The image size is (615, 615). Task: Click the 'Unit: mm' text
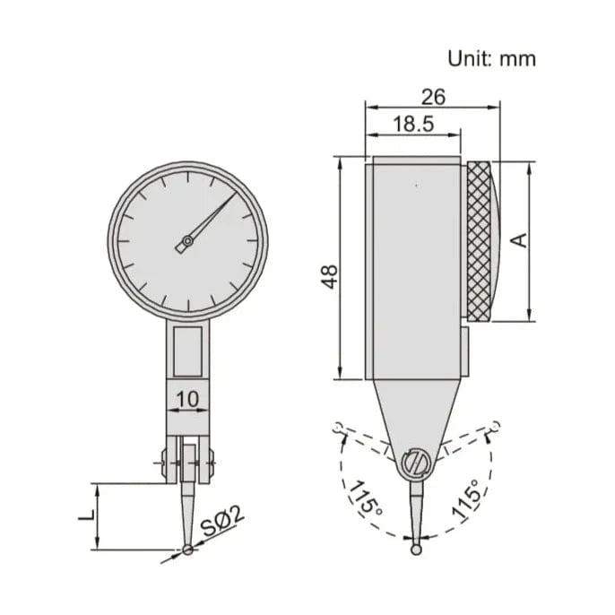[491, 58]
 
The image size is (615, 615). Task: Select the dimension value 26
[431, 96]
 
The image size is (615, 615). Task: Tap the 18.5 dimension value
[412, 124]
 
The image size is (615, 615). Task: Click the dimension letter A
[517, 240]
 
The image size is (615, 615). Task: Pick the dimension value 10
[187, 397]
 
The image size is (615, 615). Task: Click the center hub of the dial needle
[187, 240]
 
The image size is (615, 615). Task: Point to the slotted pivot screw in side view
[415, 463]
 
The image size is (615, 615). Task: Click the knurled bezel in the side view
[479, 240]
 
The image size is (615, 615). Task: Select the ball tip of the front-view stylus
[187, 549]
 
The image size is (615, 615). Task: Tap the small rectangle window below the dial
[187, 350]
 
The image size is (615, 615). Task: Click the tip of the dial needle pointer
[234, 194]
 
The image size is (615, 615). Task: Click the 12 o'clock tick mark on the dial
[187, 177]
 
